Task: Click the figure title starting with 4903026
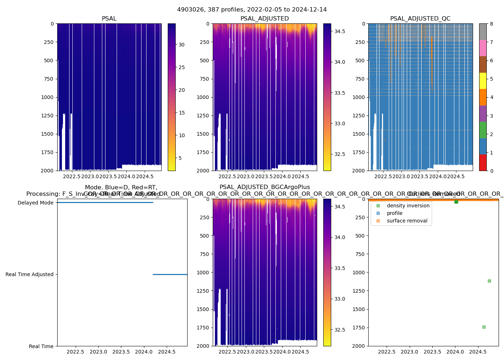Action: (x=252, y=10)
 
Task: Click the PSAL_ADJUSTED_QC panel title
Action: (x=420, y=19)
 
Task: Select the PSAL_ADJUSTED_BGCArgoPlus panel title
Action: (x=265, y=187)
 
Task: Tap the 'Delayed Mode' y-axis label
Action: (x=35, y=203)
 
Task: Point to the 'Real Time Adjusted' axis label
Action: (x=30, y=274)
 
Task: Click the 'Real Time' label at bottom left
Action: (x=41, y=346)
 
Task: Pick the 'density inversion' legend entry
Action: (x=408, y=206)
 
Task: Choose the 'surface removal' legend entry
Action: (x=407, y=221)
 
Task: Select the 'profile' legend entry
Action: (x=395, y=213)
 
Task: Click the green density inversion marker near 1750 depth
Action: (x=484, y=327)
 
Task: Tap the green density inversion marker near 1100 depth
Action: (x=489, y=281)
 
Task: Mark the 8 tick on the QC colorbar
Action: (x=490, y=24)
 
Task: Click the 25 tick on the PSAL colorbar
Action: (x=181, y=67)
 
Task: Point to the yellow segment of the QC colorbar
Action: (x=483, y=81)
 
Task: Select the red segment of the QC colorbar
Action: (x=483, y=162)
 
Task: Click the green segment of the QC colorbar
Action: (x=483, y=130)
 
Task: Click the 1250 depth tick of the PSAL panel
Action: (x=47, y=116)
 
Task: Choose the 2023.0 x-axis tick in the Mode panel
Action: (x=98, y=352)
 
